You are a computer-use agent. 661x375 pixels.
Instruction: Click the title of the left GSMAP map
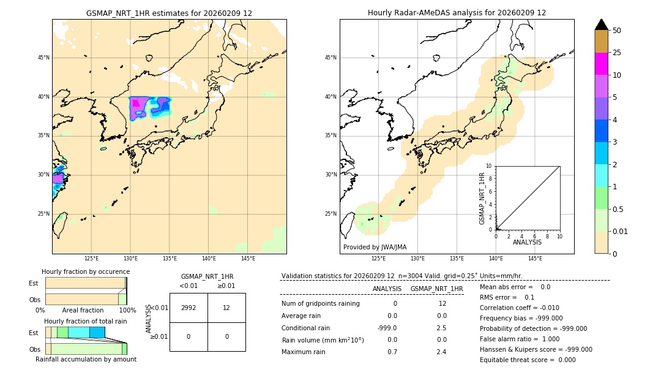pos(169,13)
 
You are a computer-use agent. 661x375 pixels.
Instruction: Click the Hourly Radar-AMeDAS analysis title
pos(457,13)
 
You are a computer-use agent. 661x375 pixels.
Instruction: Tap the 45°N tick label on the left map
pos(43,58)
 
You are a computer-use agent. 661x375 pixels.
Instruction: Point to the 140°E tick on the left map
pos(209,259)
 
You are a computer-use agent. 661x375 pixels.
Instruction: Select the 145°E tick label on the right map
pos(535,259)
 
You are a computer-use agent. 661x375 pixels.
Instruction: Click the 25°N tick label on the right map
pos(331,214)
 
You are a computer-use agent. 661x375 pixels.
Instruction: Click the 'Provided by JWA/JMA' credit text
pos(375,247)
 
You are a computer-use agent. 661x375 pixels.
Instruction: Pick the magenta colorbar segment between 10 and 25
pos(601,64)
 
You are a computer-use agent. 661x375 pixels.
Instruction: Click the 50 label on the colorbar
pos(617,31)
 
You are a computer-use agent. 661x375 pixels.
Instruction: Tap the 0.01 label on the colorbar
pos(620,231)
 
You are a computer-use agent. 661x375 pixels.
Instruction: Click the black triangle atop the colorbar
pos(601,25)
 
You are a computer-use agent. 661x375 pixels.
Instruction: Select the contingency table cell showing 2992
pos(189,308)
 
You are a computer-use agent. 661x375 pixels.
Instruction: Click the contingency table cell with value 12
pos(226,308)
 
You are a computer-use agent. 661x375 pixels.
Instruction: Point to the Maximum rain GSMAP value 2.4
pos(441,352)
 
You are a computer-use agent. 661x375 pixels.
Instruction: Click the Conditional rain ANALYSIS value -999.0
pos(387,328)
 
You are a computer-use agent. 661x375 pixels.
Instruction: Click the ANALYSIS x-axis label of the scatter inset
pos(527,242)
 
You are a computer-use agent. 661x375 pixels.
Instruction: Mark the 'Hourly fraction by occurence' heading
pos(86,271)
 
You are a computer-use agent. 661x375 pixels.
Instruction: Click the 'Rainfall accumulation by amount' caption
pos(86,359)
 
